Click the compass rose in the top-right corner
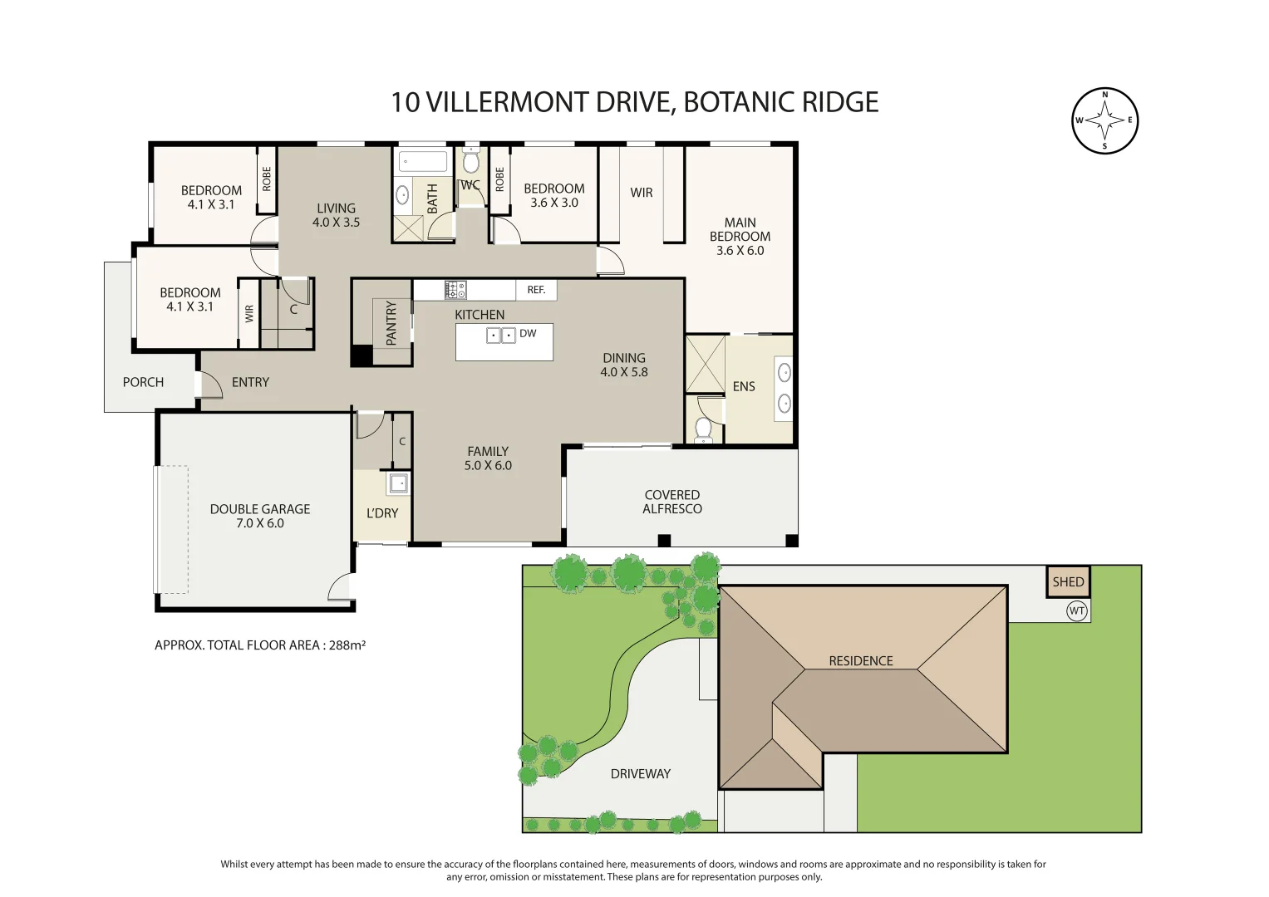click(1104, 121)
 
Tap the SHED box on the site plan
click(1068, 582)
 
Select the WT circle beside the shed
click(1077, 611)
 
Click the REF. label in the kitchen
click(536, 290)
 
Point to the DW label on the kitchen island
click(528, 334)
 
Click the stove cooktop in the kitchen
click(455, 290)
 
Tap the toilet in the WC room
click(471, 159)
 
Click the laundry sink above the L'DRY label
click(398, 483)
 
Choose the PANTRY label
click(391, 323)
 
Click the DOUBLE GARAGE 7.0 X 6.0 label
click(259, 516)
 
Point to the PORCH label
click(143, 382)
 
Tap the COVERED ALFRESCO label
click(671, 502)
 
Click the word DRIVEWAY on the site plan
click(640, 774)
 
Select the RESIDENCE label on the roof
click(860, 661)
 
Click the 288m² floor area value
click(347, 645)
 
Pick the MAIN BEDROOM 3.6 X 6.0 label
click(740, 237)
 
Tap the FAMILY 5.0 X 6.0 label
click(488, 458)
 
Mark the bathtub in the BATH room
click(423, 161)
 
